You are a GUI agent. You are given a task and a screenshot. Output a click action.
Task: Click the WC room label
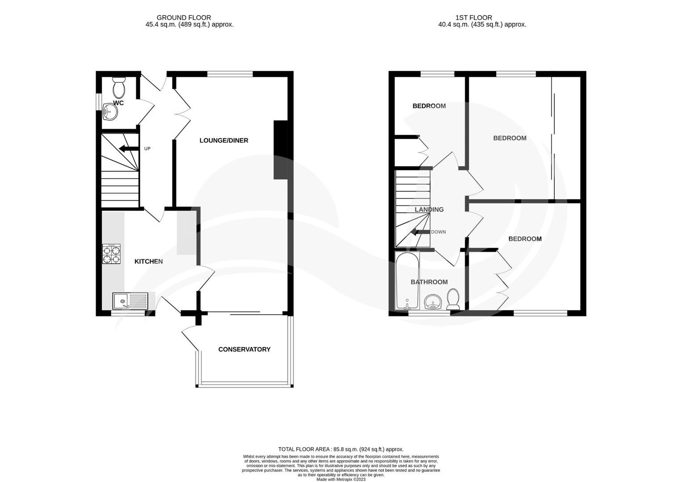118,103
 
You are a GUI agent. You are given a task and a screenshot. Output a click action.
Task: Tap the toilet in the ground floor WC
119,87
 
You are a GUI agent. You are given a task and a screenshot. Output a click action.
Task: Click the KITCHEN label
149,262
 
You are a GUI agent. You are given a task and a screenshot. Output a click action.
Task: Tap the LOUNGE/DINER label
224,141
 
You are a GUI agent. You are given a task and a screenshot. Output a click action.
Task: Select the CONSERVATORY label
244,349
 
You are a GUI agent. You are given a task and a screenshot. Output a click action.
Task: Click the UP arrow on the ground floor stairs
127,149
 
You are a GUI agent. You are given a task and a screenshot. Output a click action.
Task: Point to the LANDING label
429,209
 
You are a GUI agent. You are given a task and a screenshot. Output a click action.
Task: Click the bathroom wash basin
432,302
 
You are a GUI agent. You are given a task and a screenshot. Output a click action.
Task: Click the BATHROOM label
429,282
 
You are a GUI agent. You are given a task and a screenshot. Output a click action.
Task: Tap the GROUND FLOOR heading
184,18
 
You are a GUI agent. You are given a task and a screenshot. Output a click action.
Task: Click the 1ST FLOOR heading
474,18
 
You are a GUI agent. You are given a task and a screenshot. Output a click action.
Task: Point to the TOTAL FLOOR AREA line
341,449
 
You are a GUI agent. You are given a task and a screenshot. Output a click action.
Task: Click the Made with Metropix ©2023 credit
341,480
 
